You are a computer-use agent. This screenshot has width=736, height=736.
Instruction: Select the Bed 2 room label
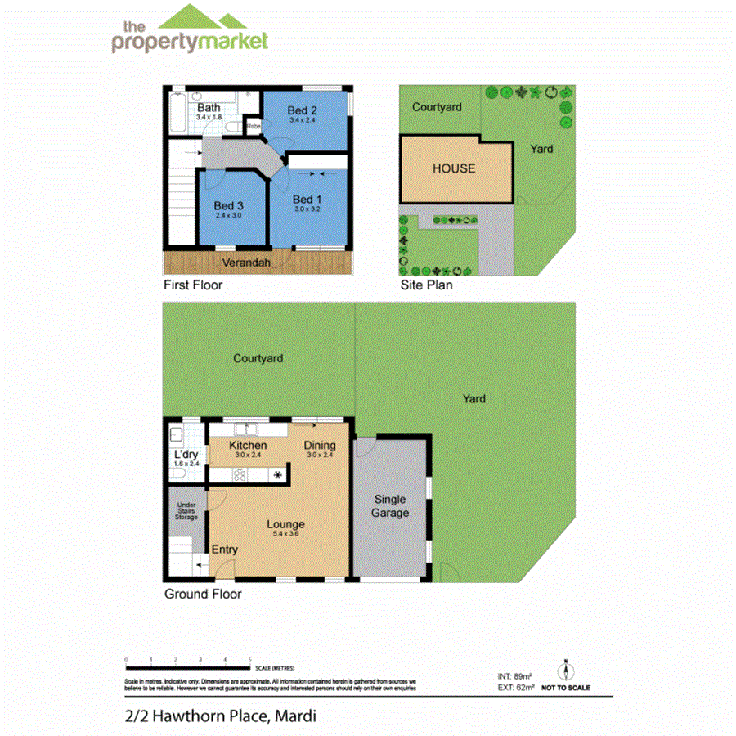302,111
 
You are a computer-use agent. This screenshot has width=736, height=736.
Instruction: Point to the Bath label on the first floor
209,108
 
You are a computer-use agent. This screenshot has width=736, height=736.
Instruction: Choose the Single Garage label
390,506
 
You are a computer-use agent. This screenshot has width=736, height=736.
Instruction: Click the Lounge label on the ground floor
285,524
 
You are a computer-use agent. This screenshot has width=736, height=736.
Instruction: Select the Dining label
320,445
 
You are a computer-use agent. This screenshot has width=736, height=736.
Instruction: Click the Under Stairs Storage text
186,511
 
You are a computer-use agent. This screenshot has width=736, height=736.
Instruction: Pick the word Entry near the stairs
225,550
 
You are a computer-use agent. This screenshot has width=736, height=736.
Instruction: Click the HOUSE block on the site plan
454,168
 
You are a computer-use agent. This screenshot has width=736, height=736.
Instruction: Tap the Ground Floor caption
203,594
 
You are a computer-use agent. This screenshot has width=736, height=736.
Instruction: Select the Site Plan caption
426,285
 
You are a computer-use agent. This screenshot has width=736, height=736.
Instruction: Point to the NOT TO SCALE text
565,688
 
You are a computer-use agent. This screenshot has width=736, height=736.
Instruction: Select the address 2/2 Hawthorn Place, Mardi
220,716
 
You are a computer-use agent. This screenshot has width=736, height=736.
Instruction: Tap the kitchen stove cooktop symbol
241,473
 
